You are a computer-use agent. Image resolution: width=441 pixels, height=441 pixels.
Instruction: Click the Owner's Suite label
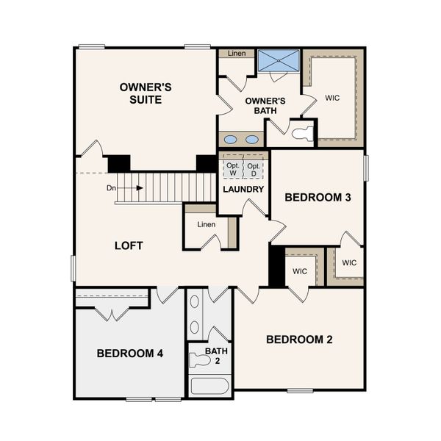click(x=146, y=93)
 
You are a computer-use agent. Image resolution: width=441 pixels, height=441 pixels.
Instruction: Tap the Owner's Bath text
click(x=259, y=106)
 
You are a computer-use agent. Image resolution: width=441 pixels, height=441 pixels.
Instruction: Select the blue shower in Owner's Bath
click(x=279, y=60)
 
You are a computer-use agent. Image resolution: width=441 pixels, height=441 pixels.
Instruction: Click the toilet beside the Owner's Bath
click(x=302, y=134)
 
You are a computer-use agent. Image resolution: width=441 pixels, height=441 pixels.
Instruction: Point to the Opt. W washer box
click(x=232, y=168)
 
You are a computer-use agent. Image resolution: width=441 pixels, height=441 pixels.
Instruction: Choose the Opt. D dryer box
click(x=253, y=168)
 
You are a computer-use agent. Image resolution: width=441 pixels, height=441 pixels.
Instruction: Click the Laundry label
click(x=243, y=189)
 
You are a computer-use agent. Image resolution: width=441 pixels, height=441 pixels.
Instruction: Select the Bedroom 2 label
click(x=299, y=340)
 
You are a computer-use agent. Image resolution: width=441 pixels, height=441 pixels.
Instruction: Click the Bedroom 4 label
click(x=130, y=354)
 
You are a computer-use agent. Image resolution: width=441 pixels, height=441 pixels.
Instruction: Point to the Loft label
click(x=128, y=245)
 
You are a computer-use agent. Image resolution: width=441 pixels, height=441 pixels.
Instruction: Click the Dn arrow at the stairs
click(x=125, y=188)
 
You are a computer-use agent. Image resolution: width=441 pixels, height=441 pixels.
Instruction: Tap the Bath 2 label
click(x=216, y=356)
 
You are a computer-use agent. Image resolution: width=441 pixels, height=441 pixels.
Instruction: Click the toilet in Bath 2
click(x=199, y=360)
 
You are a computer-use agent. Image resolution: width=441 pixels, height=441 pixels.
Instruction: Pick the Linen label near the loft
click(x=207, y=224)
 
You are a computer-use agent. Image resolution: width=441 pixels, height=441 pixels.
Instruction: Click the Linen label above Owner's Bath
click(x=236, y=54)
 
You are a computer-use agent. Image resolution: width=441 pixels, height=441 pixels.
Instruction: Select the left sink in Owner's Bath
click(x=231, y=140)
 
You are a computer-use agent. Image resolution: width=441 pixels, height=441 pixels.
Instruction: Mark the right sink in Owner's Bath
click(x=252, y=140)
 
